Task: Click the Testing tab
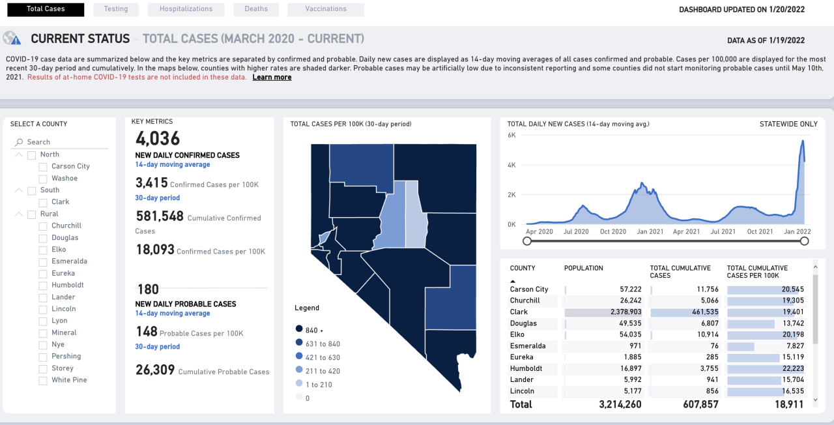pyautogui.click(x=115, y=9)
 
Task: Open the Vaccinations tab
pyautogui.click(x=325, y=9)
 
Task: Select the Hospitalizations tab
pyautogui.click(x=186, y=9)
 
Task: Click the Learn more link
pyautogui.click(x=272, y=78)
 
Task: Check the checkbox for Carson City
pyautogui.click(x=43, y=167)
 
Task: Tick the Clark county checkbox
pyautogui.click(x=43, y=202)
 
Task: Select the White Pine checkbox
pyautogui.click(x=43, y=381)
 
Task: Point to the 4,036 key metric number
pyautogui.click(x=158, y=139)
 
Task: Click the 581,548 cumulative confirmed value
pyautogui.click(x=160, y=216)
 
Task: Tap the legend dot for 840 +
pyautogui.click(x=298, y=330)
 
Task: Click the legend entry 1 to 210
pyautogui.click(x=319, y=385)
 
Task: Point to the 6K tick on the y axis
pyautogui.click(x=511, y=135)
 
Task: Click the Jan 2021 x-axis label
pyautogui.click(x=650, y=232)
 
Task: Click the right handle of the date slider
pyautogui.click(x=804, y=241)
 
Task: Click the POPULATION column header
pyautogui.click(x=583, y=268)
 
